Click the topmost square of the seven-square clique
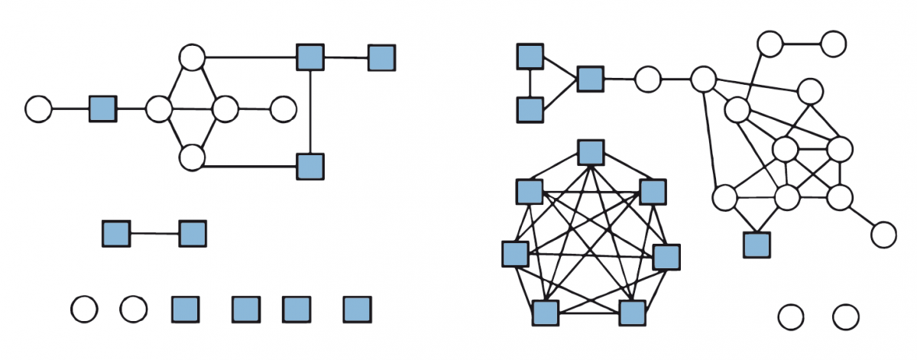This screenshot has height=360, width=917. [590, 152]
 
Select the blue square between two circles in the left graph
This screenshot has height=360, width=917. [102, 109]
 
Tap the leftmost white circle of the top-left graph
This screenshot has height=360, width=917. [38, 109]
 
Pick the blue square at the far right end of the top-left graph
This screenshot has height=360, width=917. [381, 57]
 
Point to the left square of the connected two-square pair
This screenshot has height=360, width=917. [115, 233]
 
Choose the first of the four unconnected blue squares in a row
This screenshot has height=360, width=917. [184, 310]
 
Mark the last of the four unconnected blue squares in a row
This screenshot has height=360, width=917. [356, 310]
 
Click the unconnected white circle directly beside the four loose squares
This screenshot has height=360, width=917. [133, 310]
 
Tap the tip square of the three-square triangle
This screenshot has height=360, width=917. [590, 79]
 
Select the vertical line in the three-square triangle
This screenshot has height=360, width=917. [530, 83]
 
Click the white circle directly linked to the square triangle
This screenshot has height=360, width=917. [647, 79]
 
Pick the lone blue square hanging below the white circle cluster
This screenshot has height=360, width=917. [756, 244]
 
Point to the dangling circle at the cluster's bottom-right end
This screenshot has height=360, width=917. [883, 234]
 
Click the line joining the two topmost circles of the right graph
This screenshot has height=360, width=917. [802, 44]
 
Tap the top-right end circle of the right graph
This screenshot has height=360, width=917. [833, 44]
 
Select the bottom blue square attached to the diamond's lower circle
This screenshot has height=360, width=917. [309, 166]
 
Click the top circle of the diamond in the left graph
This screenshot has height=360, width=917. [192, 57]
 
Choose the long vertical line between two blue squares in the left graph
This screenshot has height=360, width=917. [309, 111]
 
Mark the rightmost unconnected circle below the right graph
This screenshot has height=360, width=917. [846, 316]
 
